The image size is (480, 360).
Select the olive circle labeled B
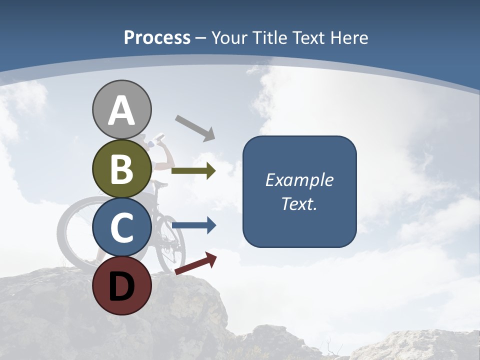[122, 169]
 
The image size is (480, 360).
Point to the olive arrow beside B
[193, 171]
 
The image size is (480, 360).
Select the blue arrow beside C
[193, 225]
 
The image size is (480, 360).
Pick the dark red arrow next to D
[196, 263]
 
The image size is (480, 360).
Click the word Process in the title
[157, 38]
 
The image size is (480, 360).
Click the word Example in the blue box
[299, 180]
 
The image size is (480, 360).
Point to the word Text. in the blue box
[299, 203]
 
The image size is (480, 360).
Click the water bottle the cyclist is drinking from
[158, 137]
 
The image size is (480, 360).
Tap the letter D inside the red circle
[122, 287]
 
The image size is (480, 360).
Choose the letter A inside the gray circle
[122, 111]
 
